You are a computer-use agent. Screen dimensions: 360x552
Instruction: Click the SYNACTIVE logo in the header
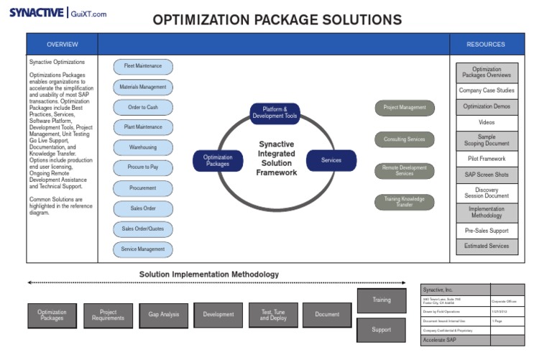[x=36, y=13]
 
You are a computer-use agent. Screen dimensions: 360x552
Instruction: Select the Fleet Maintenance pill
[x=142, y=66]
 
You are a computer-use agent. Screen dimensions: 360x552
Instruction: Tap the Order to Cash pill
[x=142, y=107]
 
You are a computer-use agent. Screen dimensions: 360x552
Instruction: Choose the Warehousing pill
[x=142, y=147]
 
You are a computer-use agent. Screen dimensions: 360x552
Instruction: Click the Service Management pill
[x=142, y=249]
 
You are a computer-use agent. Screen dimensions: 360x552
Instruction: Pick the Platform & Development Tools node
[x=275, y=113]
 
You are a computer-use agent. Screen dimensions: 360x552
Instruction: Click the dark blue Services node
[x=331, y=160]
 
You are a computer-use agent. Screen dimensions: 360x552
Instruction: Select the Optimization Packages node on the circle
[x=218, y=160]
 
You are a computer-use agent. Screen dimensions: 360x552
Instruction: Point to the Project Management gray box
[x=404, y=108]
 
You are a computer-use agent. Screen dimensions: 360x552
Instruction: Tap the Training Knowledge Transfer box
[x=404, y=202]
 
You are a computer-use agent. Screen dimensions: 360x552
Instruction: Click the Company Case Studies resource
[x=487, y=91]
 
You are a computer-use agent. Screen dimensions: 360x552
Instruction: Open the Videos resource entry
[x=487, y=122]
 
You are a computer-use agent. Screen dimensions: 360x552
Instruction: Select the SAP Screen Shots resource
[x=487, y=175]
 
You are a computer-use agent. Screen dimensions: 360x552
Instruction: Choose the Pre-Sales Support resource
[x=487, y=231]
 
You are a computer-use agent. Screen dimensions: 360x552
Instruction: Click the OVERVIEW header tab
[x=62, y=45]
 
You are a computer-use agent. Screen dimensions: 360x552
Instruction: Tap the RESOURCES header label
[x=486, y=45]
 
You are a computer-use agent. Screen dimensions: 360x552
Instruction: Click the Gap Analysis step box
[x=164, y=315]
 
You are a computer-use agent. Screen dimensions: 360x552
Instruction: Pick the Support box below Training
[x=381, y=330]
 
